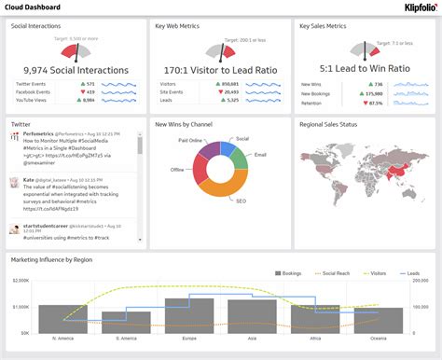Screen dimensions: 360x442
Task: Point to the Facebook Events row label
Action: pyautogui.click(x=34, y=92)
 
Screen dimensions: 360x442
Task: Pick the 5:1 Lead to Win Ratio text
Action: pyautogui.click(x=363, y=69)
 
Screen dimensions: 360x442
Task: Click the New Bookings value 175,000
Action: pyautogui.click(x=375, y=92)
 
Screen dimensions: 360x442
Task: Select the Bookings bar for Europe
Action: pyautogui.click(x=189, y=314)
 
